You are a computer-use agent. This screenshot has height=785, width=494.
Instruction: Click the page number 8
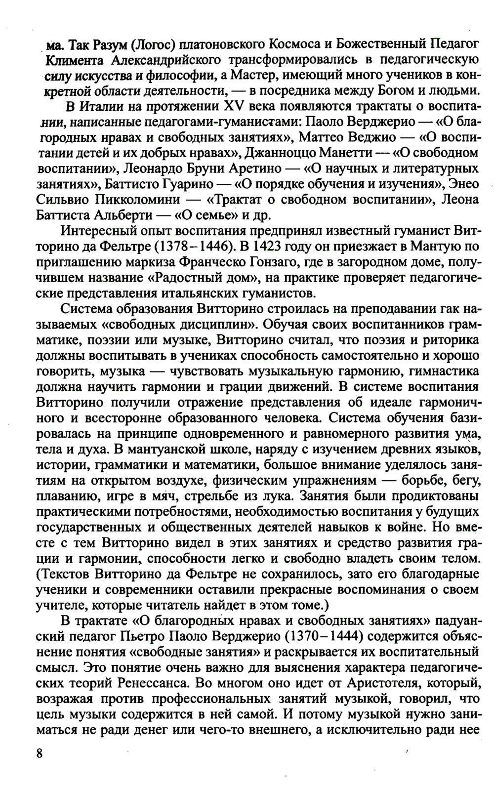point(40,754)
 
